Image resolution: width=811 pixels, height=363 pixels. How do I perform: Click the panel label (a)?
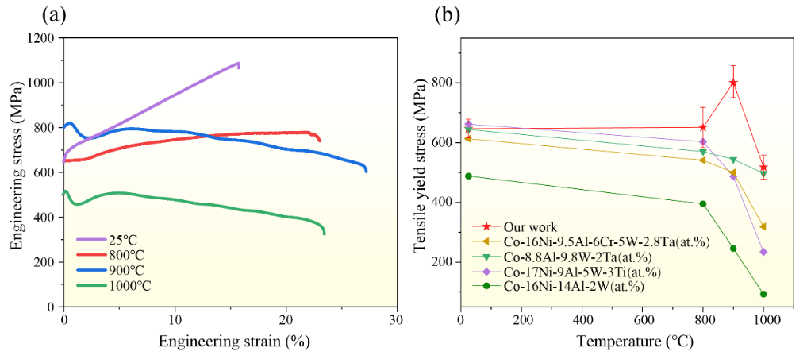pyautogui.click(x=63, y=14)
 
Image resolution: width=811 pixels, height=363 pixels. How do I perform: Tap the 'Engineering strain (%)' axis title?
pyautogui.click(x=233, y=342)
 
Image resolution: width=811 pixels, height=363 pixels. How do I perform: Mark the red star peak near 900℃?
pyautogui.click(x=733, y=83)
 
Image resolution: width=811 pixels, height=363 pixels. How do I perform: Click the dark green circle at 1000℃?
pyautogui.click(x=763, y=294)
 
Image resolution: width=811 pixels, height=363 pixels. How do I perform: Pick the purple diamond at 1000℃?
pyautogui.click(x=763, y=252)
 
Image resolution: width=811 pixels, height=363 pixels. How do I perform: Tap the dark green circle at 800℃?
pyautogui.click(x=702, y=204)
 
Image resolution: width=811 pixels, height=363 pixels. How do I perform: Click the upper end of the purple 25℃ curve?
pyautogui.click(x=238, y=63)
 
